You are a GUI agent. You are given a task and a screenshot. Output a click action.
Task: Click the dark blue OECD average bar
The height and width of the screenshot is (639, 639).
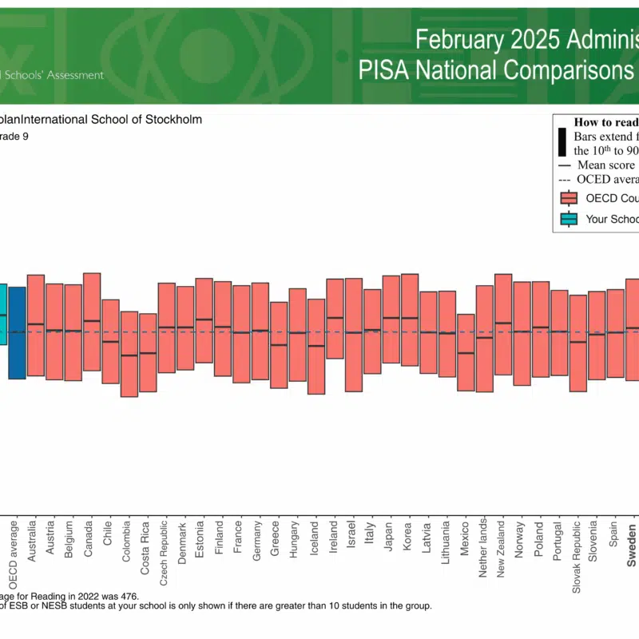[17, 332]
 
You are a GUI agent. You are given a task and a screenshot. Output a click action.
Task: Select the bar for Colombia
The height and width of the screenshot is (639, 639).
[129, 354]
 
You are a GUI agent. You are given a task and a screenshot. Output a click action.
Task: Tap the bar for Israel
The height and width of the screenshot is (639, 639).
[353, 335]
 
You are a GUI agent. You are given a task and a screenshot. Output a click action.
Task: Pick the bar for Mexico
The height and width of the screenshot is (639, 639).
[466, 351]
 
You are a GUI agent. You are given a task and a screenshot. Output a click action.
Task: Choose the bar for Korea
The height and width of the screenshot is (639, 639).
[410, 319]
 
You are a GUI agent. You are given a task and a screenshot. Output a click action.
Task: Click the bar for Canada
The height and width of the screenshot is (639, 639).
[92, 321]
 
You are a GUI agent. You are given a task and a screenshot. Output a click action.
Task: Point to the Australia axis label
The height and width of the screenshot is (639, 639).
[33, 543]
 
